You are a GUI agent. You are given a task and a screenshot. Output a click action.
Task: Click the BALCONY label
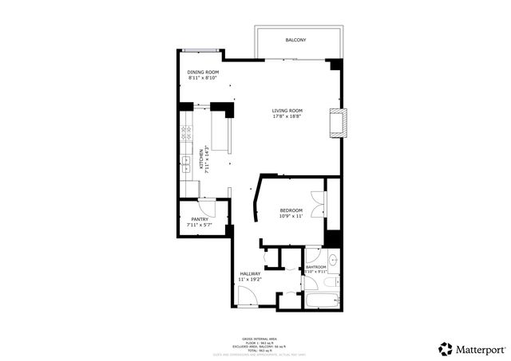[295, 40]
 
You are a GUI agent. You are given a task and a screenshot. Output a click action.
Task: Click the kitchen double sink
[184, 161]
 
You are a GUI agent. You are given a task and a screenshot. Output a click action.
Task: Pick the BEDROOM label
[291, 210]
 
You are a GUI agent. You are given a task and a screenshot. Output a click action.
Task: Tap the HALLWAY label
[250, 273]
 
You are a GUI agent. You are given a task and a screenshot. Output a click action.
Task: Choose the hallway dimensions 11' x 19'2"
[250, 280]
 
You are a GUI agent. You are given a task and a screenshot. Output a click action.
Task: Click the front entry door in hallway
[247, 297]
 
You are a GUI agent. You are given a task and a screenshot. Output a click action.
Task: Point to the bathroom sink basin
[332, 260]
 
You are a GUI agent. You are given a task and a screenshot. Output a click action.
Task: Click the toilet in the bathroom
[332, 281]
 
